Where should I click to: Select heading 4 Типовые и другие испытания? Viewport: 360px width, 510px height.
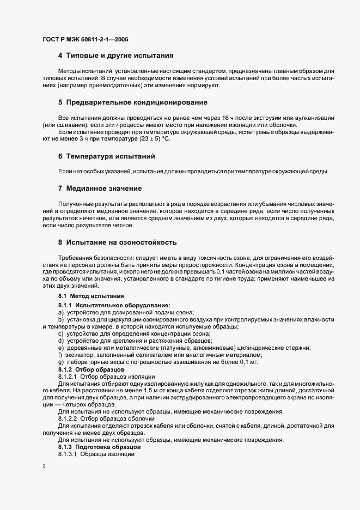pyautogui.click(x=115, y=56)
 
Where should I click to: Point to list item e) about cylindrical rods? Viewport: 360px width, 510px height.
pyautogui.click(x=185, y=347)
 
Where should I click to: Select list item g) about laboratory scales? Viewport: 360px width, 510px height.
pyautogui.click(x=158, y=362)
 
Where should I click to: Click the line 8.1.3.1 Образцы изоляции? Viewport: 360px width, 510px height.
pyautogui.click(x=96, y=454)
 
